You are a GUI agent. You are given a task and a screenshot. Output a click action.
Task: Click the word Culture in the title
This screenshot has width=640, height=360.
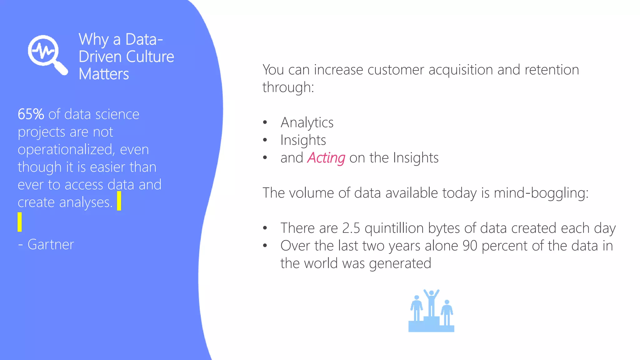[x=150, y=57]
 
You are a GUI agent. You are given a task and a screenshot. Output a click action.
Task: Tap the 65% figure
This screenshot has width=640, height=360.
[x=31, y=114]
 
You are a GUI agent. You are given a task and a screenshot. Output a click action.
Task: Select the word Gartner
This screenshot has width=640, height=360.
[x=51, y=245]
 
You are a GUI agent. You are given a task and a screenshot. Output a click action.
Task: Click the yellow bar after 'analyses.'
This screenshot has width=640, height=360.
[x=119, y=201]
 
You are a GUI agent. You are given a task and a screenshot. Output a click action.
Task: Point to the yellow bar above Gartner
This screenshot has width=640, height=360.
[x=20, y=222]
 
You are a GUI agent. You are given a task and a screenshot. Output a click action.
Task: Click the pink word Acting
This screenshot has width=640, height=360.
[x=326, y=158]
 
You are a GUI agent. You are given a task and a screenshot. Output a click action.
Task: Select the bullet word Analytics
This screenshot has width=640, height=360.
[x=307, y=122]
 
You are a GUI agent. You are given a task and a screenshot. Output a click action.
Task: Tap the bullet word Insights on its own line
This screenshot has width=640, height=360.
[x=303, y=140]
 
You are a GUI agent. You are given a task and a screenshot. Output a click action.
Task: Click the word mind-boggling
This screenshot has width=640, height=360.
[x=541, y=193]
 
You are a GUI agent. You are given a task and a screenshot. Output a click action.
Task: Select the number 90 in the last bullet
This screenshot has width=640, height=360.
[x=470, y=246]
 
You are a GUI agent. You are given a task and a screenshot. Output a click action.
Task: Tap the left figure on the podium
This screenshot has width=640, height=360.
[x=417, y=308]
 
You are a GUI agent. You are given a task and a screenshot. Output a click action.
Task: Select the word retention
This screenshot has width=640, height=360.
[x=552, y=70]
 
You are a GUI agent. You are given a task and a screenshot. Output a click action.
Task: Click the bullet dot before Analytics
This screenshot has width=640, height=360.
[x=265, y=122]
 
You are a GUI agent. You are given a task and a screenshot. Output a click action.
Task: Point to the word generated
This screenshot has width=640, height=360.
[x=400, y=264]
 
